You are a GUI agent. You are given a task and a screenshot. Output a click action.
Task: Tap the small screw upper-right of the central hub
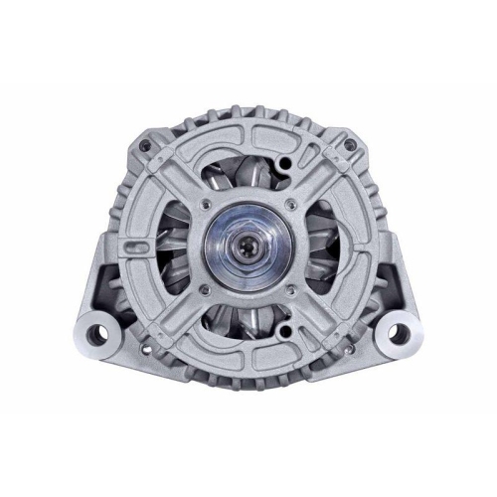(x=287, y=206)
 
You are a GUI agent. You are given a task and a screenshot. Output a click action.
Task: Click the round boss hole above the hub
(x=286, y=159)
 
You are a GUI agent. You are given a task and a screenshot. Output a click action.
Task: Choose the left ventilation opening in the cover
(x=179, y=248)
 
